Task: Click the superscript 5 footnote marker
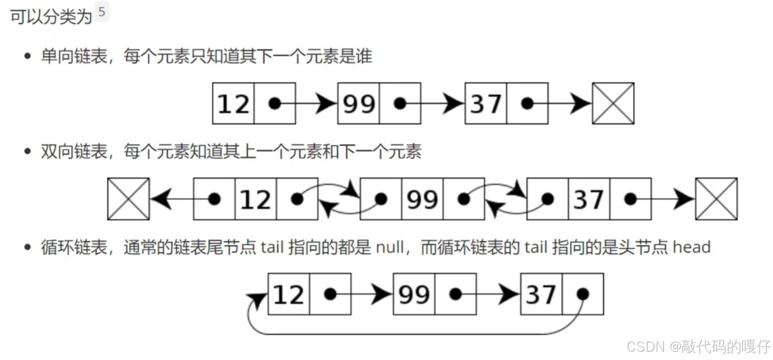click(x=101, y=12)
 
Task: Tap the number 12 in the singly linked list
click(x=233, y=104)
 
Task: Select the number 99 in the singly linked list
click(x=359, y=104)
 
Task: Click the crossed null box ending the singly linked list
click(x=613, y=103)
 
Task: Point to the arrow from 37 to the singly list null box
click(x=569, y=104)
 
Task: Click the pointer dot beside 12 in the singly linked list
click(x=275, y=103)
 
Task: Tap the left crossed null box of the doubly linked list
click(x=128, y=199)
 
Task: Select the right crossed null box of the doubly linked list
click(x=716, y=199)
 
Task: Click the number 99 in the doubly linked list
click(x=422, y=200)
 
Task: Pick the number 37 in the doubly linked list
click(x=589, y=200)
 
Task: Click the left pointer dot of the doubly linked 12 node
click(x=214, y=199)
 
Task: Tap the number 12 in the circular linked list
click(x=289, y=295)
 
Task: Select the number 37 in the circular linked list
click(x=541, y=295)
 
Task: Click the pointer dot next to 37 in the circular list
click(x=583, y=294)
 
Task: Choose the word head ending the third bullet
click(x=691, y=247)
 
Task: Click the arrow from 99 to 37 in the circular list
click(x=497, y=294)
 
